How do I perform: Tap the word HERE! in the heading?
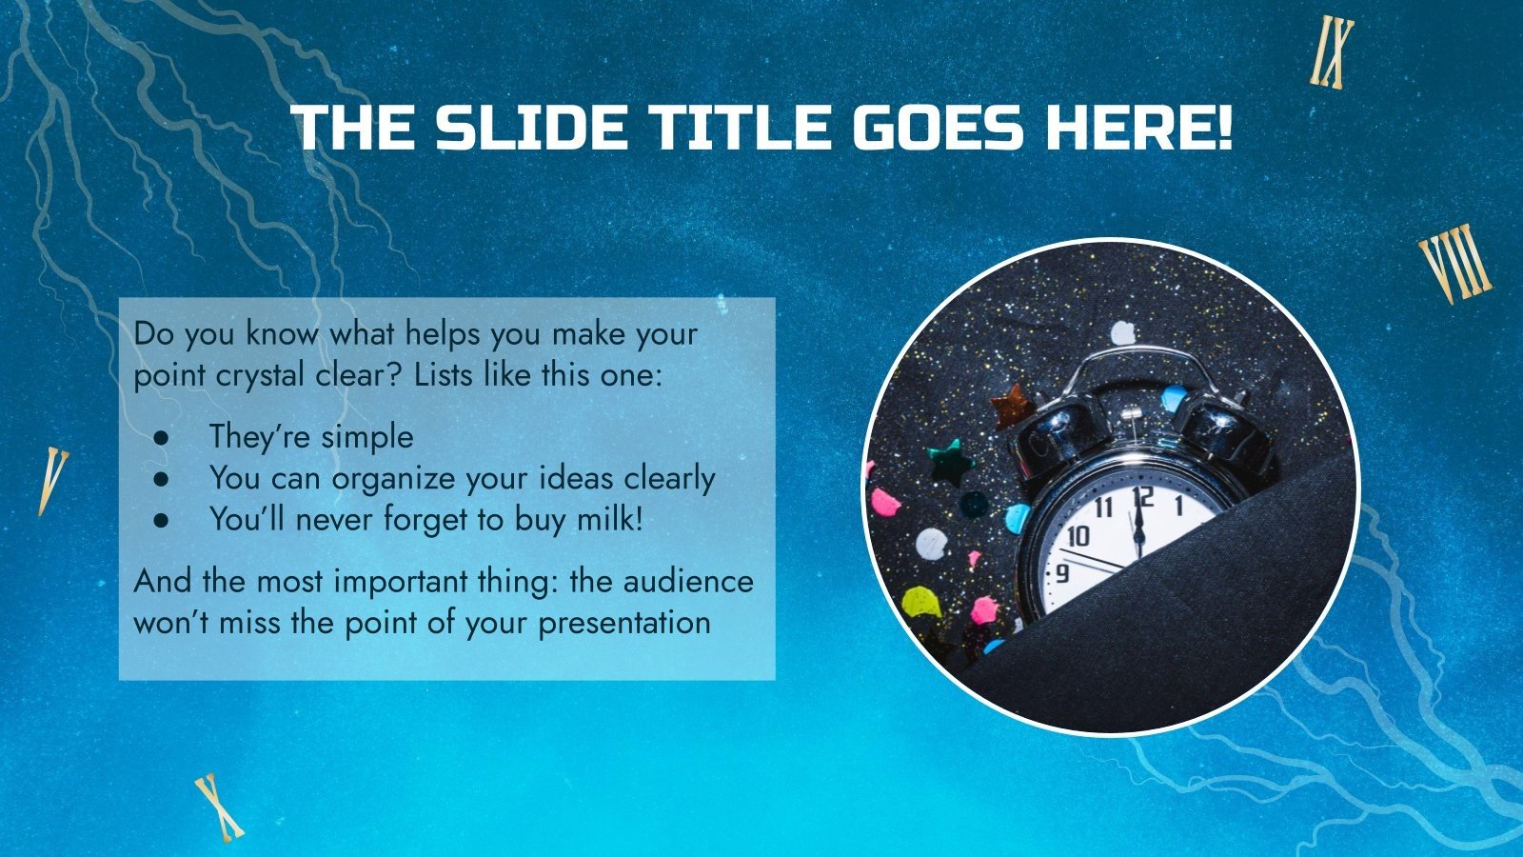click(1138, 129)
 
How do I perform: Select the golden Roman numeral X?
click(219, 807)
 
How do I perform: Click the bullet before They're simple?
click(160, 437)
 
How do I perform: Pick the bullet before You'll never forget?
click(160, 520)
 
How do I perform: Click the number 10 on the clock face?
click(1078, 536)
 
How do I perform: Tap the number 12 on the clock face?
click(1142, 497)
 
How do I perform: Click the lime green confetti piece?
click(920, 600)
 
